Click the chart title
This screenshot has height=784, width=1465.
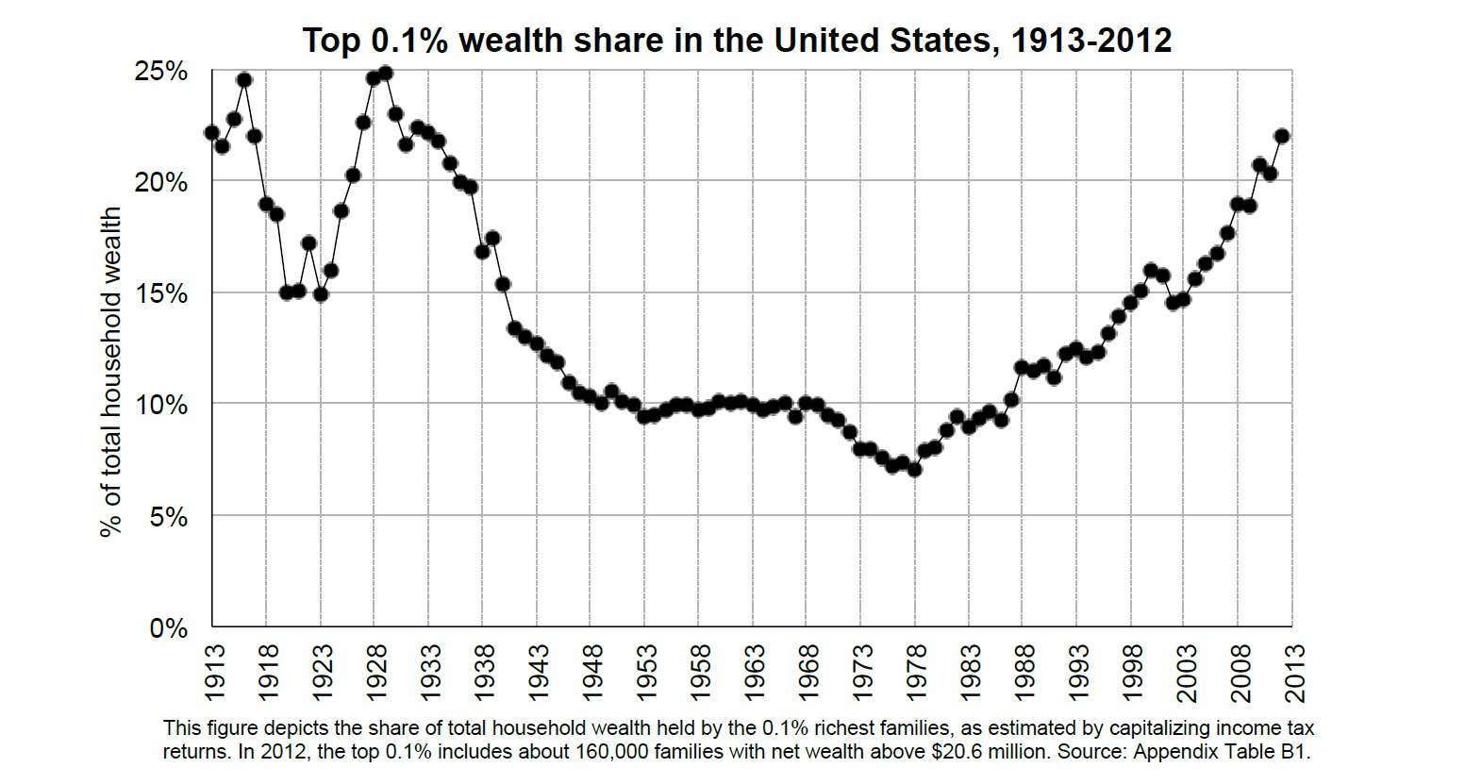736,41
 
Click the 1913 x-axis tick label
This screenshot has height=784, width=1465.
214,672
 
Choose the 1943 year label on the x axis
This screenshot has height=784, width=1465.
538,672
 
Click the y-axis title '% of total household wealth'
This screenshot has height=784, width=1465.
112,373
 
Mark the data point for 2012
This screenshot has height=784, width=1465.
1281,136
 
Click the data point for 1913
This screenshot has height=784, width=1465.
211,133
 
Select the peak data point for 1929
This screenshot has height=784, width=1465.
385,74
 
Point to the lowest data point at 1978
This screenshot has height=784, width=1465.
914,469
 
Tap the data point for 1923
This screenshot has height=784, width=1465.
320,293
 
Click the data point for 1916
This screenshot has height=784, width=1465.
244,80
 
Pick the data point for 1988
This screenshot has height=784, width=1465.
1022,367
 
